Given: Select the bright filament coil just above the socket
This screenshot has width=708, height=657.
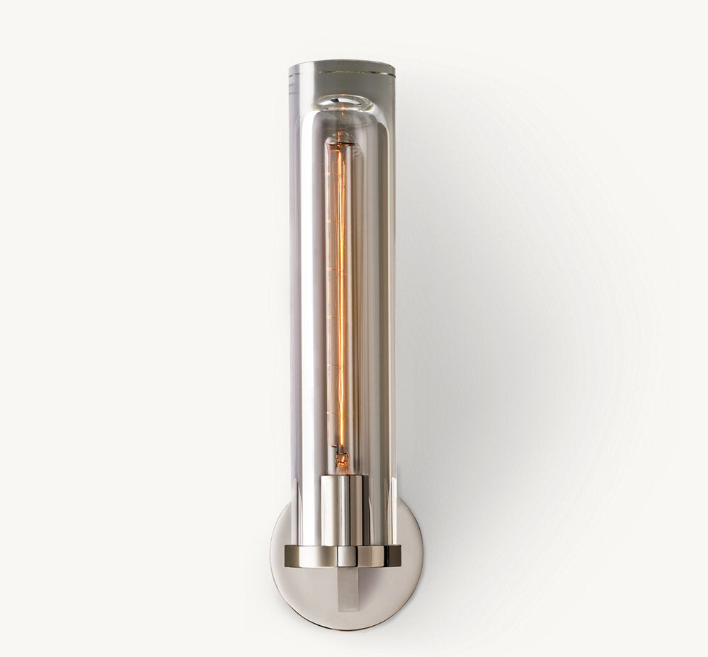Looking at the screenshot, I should [341, 461].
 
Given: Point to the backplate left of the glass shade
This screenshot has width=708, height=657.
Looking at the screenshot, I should [280, 538].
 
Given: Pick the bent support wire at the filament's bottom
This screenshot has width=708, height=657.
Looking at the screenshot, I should [338, 451].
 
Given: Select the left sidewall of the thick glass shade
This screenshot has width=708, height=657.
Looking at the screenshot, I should [296, 283].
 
